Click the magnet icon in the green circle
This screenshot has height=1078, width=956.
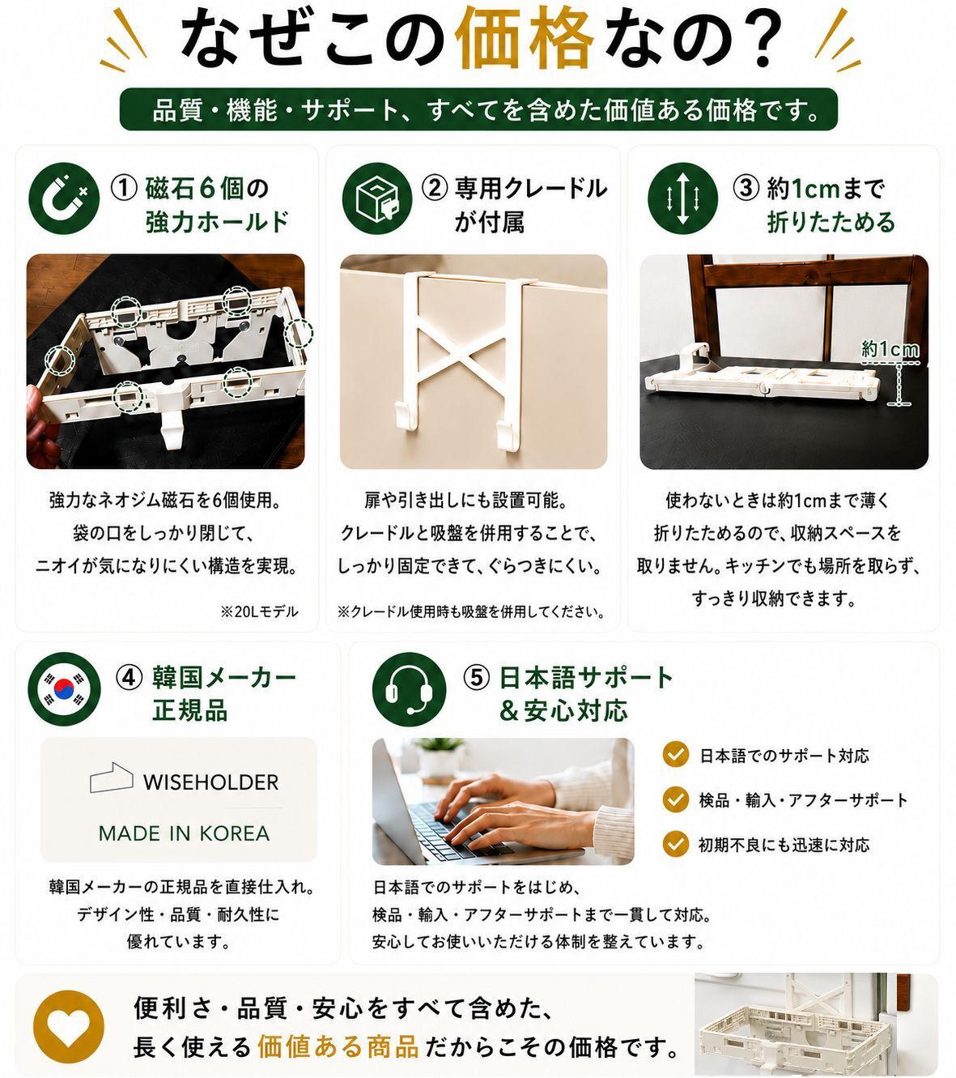pyautogui.click(x=64, y=198)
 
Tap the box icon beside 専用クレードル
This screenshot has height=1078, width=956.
pyautogui.click(x=376, y=198)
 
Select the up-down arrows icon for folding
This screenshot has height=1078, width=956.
pyautogui.click(x=682, y=198)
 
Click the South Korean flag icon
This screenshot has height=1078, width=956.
pyautogui.click(x=64, y=688)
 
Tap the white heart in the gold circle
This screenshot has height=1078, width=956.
pyautogui.click(x=69, y=1026)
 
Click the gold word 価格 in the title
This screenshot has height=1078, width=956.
pyautogui.click(x=524, y=38)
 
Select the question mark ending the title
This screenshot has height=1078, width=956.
pyautogui.click(x=755, y=37)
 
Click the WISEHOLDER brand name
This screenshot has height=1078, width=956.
pyautogui.click(x=210, y=782)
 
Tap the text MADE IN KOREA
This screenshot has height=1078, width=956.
pyautogui.click(x=184, y=833)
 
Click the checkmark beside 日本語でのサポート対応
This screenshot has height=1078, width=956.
pyautogui.click(x=676, y=754)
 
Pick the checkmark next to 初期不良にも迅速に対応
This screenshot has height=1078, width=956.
pyautogui.click(x=676, y=844)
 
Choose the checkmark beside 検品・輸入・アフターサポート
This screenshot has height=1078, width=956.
pyautogui.click(x=676, y=799)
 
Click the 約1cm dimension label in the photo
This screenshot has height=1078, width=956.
pyautogui.click(x=890, y=349)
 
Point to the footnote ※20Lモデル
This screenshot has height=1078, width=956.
pyautogui.click(x=260, y=612)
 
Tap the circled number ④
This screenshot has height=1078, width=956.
pyautogui.click(x=129, y=677)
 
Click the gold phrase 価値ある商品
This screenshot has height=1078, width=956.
pyautogui.click(x=338, y=1046)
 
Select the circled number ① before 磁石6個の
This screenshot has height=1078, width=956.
pyautogui.click(x=124, y=189)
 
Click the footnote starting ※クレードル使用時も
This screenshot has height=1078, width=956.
pyautogui.click(x=472, y=612)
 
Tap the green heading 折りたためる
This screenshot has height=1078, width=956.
pyautogui.click(x=831, y=222)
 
